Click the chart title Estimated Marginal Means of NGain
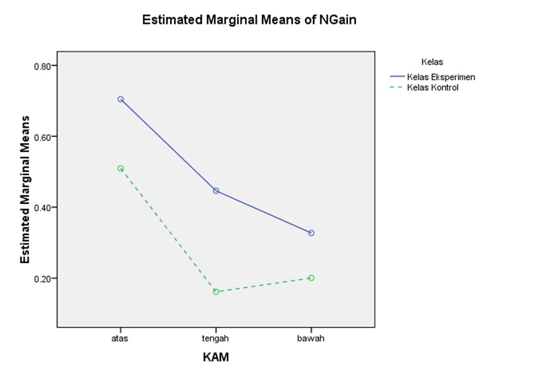249,21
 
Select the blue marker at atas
120,99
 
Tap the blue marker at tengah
216,191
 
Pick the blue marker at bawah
311,233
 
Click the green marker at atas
120,169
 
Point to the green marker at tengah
216,292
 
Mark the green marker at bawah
311,278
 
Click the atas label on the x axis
120,339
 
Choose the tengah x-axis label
216,339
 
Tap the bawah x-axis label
311,339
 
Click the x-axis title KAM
216,357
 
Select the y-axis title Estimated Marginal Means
25,196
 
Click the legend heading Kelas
431,62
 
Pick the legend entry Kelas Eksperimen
441,77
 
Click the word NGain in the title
338,21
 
